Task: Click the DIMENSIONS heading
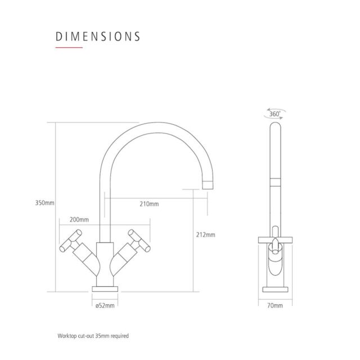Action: pos(98,37)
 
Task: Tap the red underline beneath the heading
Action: pos(69,47)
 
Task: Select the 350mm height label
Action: pos(44,203)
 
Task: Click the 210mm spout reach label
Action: pos(149,204)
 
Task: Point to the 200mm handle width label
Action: pos(79,220)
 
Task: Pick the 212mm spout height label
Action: pos(206,235)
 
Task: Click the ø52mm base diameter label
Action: pos(105,305)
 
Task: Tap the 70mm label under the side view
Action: pos(275,305)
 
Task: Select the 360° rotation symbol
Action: pos(274,114)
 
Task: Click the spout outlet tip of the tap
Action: pos(208,185)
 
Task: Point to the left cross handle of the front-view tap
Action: pos(71,241)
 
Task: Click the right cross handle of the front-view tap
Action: pos(139,241)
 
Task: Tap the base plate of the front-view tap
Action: pos(105,289)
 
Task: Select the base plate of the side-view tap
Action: pos(275,290)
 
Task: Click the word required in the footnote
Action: pos(120,336)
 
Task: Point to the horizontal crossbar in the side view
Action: pos(275,240)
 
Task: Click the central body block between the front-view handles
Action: pos(105,264)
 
